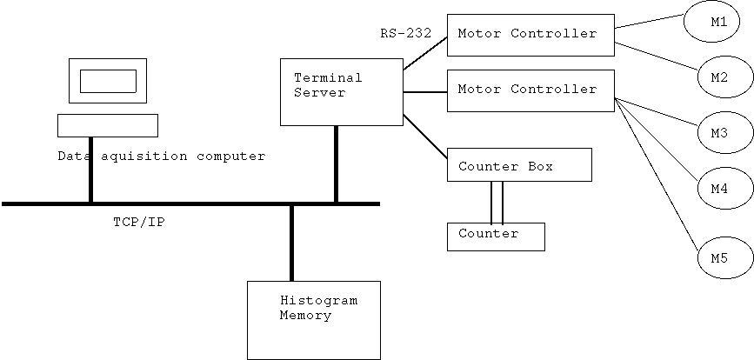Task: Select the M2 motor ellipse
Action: click(718, 77)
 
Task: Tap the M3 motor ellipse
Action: click(718, 133)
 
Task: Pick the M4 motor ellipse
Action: click(718, 188)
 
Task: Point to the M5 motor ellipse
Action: click(718, 258)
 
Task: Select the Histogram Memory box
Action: click(314, 320)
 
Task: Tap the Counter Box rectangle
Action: click(519, 164)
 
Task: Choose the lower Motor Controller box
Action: click(530, 90)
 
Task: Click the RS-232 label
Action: click(405, 34)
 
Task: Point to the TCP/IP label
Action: click(139, 222)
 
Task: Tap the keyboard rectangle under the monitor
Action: click(108, 126)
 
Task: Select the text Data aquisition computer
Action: click(161, 157)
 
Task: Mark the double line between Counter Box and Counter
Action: click(497, 202)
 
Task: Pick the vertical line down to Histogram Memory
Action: click(291, 243)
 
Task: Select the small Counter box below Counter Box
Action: click(496, 237)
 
